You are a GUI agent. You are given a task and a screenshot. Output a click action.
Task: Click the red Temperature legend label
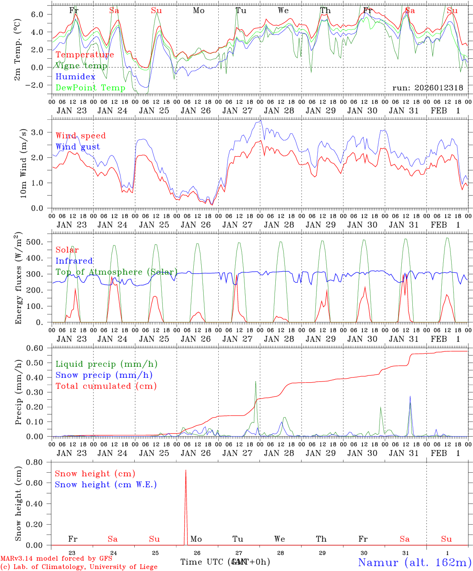[x=85, y=55]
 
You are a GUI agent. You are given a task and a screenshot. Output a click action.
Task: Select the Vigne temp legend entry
[x=81, y=66]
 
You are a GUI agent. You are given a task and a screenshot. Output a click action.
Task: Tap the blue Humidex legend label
[x=76, y=77]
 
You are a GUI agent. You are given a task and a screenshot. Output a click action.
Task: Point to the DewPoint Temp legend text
[x=90, y=88]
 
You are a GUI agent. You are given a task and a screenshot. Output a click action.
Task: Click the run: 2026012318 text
[x=427, y=88]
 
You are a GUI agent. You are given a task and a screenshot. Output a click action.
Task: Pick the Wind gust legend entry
[x=78, y=147]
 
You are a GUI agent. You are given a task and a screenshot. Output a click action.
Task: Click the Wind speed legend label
[x=81, y=136]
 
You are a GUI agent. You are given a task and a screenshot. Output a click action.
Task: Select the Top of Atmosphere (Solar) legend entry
[x=116, y=272]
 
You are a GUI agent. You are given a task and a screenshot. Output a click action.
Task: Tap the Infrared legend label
[x=74, y=261]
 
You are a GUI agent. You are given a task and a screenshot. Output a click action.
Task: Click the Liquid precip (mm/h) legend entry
[x=106, y=364]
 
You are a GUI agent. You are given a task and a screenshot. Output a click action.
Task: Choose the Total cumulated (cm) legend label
[x=106, y=386]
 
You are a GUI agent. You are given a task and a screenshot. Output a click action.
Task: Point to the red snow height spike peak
[x=186, y=471]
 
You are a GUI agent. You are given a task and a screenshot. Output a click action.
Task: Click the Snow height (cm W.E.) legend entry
[x=106, y=485]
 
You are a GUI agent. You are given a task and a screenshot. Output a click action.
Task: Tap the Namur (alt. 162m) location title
[x=414, y=562]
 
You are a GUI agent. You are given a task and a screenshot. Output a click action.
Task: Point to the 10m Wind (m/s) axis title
[x=24, y=163]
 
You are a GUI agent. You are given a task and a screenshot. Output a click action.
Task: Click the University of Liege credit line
[x=79, y=567]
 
